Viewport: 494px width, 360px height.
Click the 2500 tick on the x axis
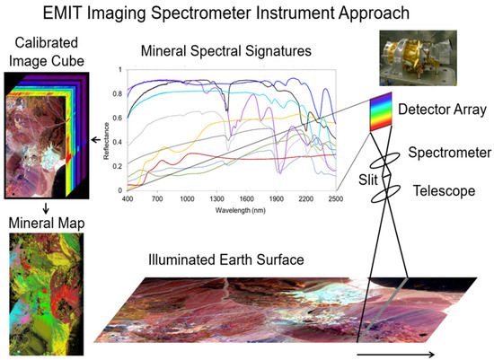(335, 198)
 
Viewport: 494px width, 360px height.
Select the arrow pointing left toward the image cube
(96, 140)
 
